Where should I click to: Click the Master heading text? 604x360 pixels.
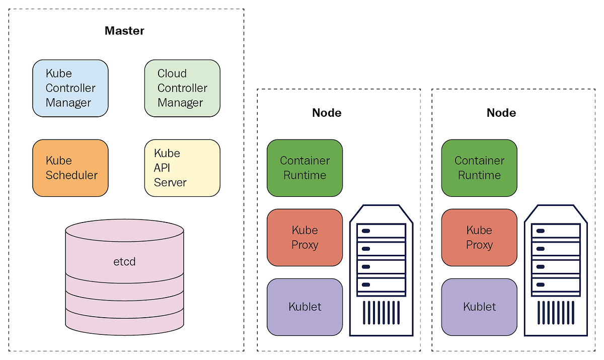coord(124,31)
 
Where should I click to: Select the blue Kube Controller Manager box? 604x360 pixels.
coord(70,88)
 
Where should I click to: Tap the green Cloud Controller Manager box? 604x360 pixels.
coord(182,88)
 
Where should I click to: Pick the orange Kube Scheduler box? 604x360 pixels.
coord(70,168)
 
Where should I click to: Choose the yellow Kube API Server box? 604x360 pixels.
coord(182,168)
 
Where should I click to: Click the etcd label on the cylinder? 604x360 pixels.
coord(124,262)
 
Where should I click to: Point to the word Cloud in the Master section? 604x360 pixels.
coord(172,74)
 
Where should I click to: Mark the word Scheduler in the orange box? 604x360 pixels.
coord(71,175)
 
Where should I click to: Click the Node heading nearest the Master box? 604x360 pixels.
coord(327,113)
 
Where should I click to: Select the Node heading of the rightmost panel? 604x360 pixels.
coord(501,113)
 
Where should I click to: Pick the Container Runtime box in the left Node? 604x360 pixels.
coord(305,168)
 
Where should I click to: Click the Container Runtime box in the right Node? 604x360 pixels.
coord(479,168)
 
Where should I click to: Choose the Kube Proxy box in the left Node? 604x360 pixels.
coord(305,238)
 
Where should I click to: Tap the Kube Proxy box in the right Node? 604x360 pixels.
coord(479,238)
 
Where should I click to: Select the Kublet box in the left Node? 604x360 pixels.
coord(305,307)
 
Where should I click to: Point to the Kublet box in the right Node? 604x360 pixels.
coord(479,307)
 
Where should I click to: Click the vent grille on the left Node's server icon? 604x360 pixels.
coord(381,312)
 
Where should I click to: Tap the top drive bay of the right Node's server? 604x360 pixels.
coord(556,231)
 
